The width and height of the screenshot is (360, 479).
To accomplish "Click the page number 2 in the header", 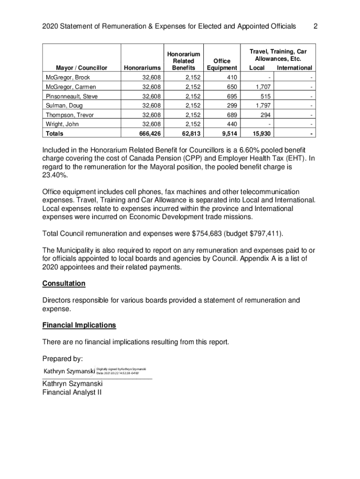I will [316, 26].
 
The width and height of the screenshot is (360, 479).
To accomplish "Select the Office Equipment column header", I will [222, 65].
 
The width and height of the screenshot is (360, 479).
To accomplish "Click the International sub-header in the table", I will [294, 68].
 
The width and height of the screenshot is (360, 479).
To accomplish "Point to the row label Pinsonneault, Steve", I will [72, 96].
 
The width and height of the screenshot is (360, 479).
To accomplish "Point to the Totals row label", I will [55, 134].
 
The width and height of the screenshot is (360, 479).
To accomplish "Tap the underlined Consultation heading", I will [64, 284].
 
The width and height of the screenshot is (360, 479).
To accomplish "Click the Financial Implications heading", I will [79, 325].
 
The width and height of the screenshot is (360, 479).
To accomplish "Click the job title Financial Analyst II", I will [72, 392].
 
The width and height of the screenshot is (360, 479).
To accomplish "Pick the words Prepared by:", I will [63, 359].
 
